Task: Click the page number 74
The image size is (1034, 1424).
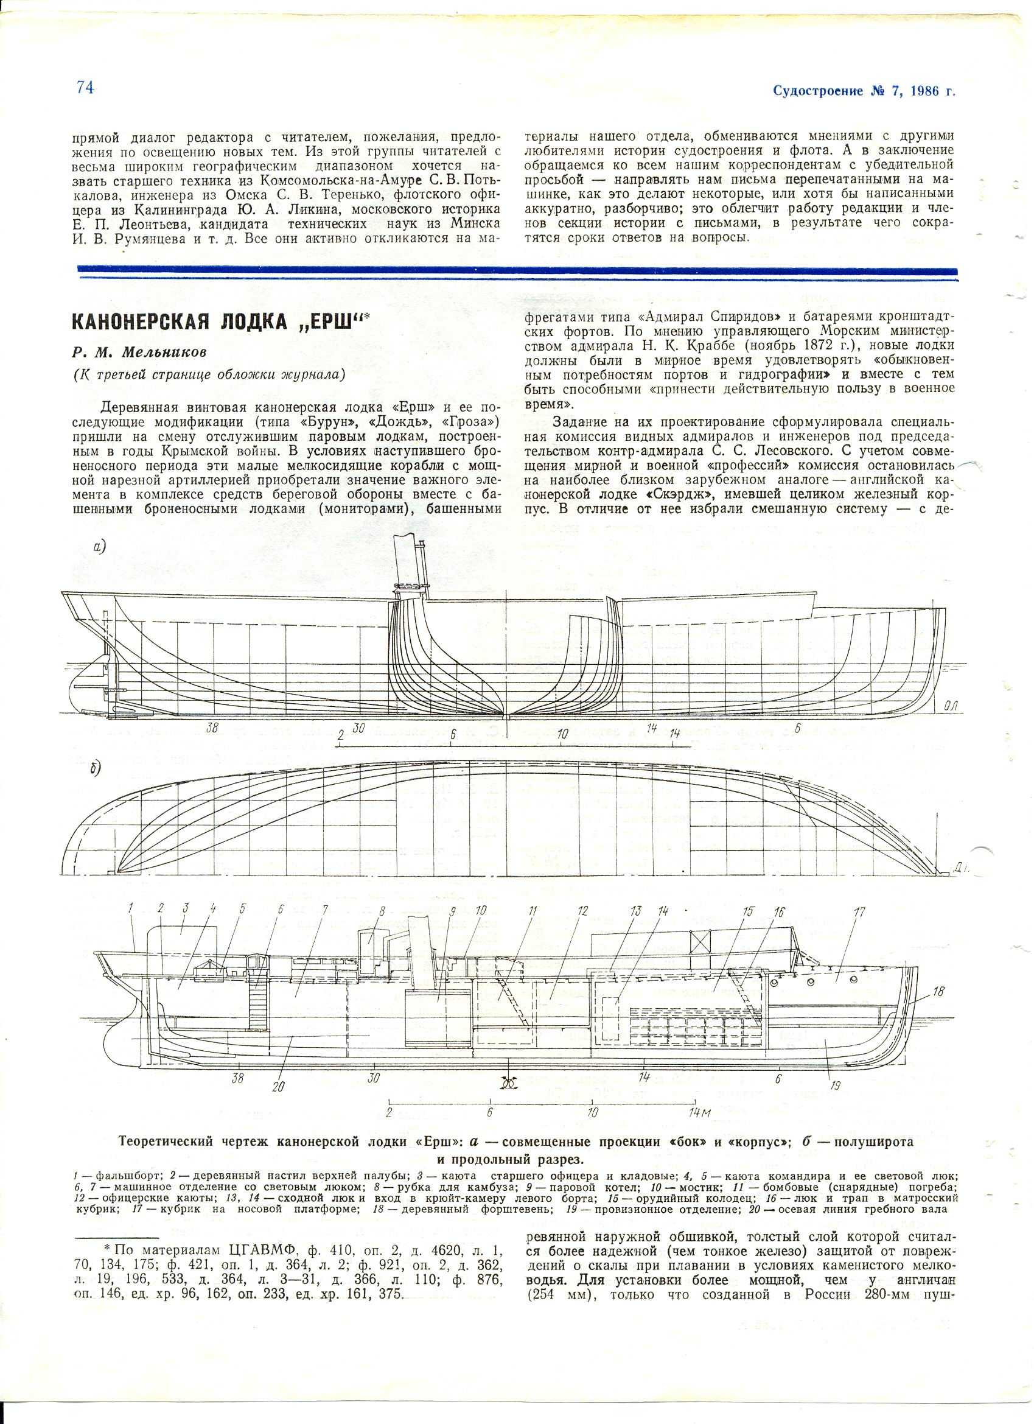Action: (x=85, y=88)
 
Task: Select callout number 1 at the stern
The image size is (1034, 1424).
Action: (x=131, y=907)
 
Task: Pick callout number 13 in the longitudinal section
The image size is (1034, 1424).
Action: (x=637, y=911)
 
